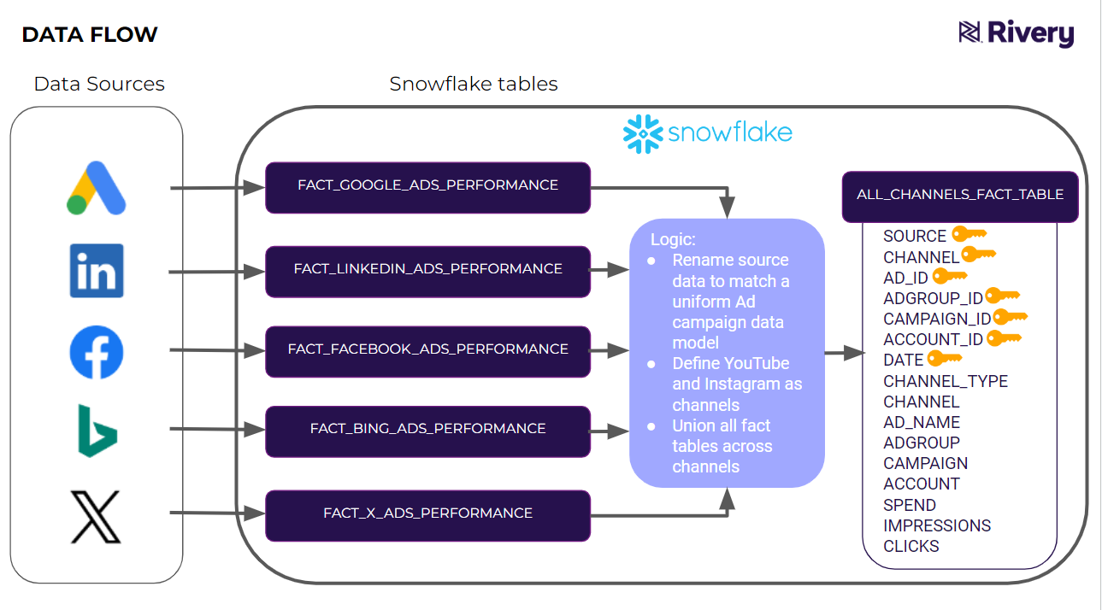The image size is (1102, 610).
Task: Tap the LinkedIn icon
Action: tap(97, 271)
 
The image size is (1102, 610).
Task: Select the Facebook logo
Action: tap(97, 352)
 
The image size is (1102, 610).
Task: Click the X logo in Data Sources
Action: tap(97, 516)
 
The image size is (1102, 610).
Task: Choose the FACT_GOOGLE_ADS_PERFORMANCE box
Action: tap(427, 185)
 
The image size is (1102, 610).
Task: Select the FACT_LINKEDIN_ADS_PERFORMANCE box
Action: tap(427, 269)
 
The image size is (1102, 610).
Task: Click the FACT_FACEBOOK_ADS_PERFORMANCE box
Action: tap(427, 349)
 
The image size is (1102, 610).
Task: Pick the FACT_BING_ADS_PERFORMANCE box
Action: tap(427, 429)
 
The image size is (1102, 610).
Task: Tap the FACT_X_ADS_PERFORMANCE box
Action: tap(427, 513)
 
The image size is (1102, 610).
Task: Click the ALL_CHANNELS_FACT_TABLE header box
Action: tap(960, 195)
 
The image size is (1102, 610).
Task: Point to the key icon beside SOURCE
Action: tap(969, 234)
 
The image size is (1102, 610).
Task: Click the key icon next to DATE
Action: tap(945, 359)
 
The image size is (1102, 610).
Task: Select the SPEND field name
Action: tap(910, 505)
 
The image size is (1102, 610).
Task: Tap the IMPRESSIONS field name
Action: tap(937, 525)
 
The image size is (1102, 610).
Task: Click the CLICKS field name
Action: tap(911, 546)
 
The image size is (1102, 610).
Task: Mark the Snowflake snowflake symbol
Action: tap(643, 134)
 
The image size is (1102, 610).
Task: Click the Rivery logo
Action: tap(1017, 33)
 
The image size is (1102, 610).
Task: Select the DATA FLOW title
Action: tap(90, 34)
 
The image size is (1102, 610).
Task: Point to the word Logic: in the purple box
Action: tap(674, 239)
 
